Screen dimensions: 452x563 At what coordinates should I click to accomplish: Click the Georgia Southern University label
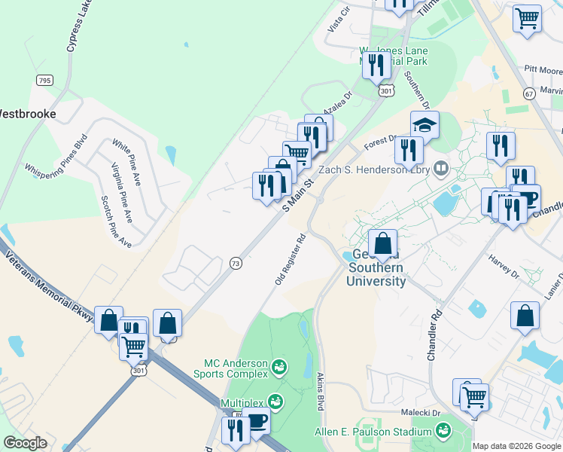point(375,268)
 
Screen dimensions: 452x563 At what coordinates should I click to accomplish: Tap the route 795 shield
point(44,80)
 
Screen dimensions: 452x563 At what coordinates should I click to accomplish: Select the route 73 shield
point(236,262)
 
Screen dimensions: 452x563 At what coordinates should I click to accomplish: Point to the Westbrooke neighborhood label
point(26,115)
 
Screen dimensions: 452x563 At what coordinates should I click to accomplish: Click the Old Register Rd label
point(290,258)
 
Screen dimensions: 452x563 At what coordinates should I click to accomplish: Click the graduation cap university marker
point(425,125)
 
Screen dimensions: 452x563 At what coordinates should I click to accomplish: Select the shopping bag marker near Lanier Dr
point(525,317)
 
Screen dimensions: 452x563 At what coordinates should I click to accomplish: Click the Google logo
point(25,443)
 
